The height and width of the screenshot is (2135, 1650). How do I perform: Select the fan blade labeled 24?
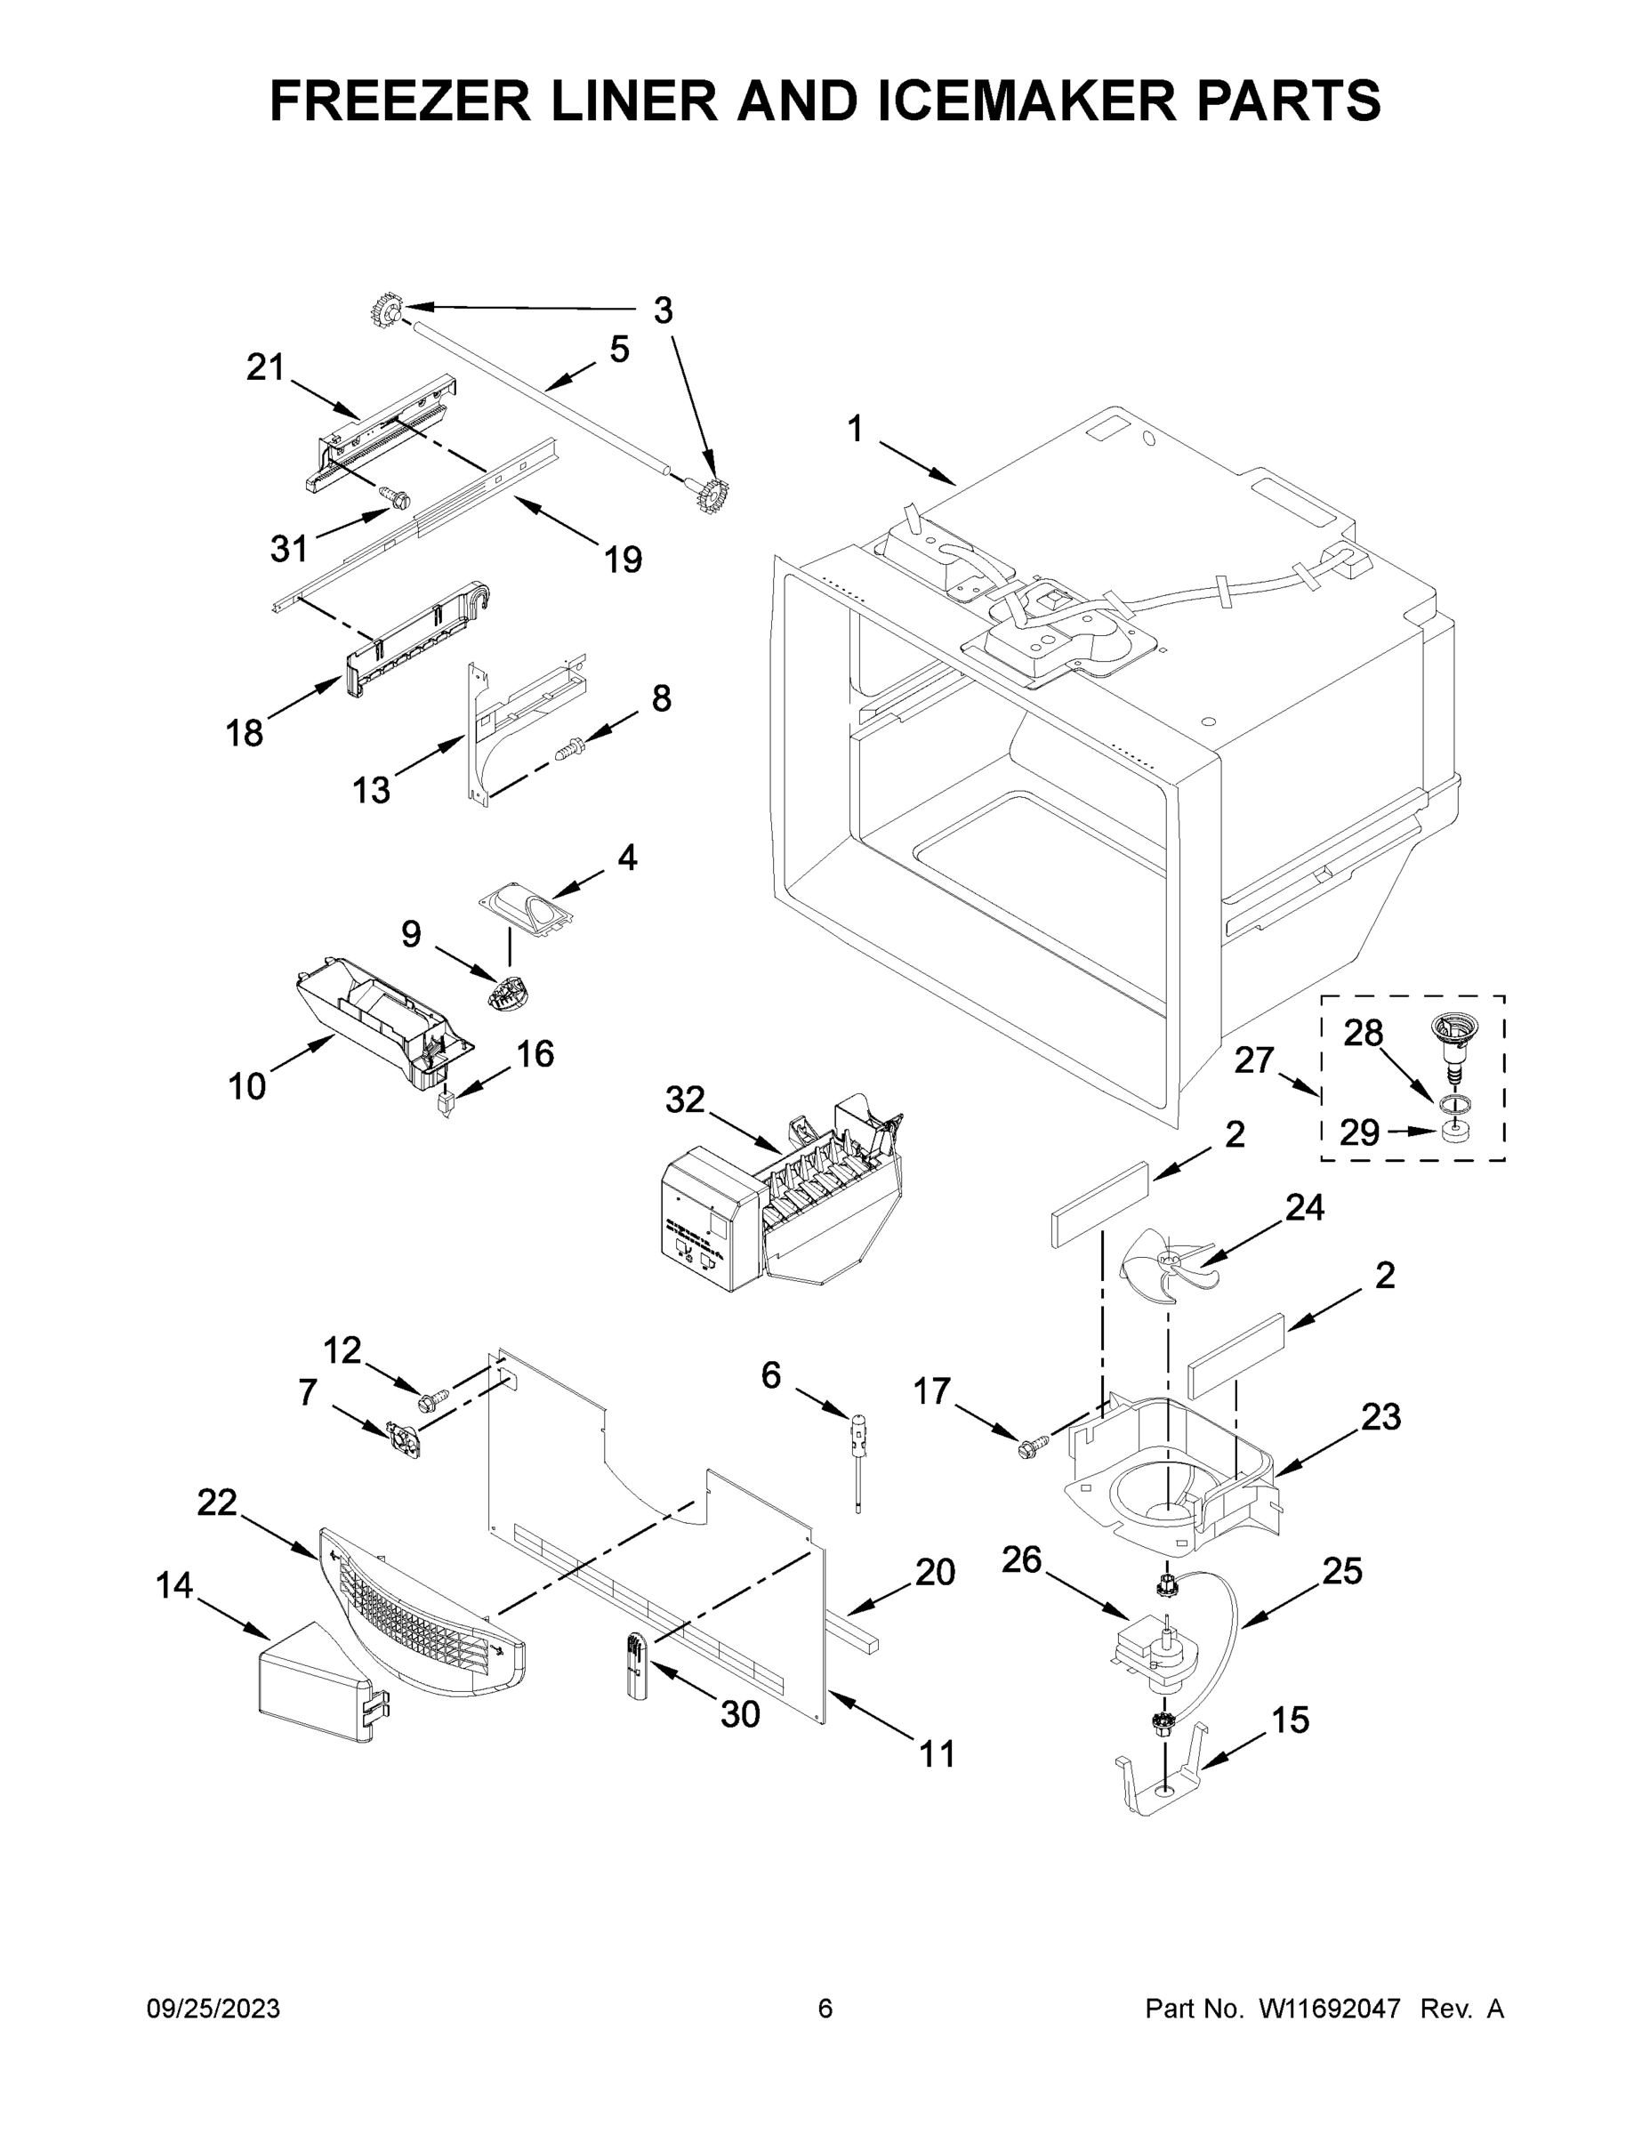point(1163,1261)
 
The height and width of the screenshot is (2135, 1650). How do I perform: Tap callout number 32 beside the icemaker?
point(684,1100)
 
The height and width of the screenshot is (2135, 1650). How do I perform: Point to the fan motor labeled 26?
point(1156,1652)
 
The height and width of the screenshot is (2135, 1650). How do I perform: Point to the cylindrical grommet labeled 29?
point(1456,1132)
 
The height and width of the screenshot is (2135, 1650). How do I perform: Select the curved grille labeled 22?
point(421,1613)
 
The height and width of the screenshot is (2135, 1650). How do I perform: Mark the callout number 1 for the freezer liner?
point(856,428)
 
